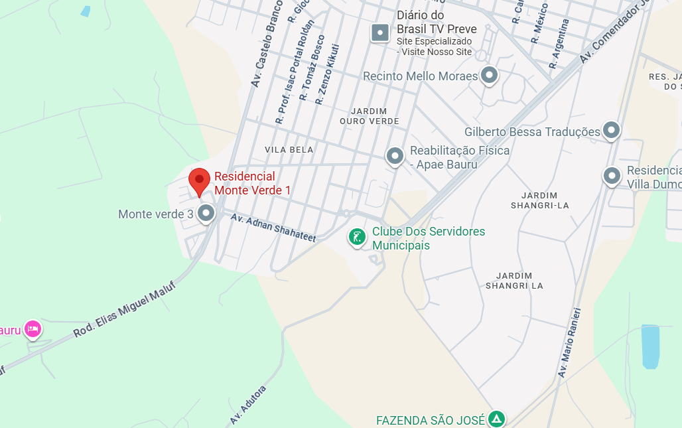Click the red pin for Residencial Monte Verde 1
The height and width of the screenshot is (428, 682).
pos(199,181)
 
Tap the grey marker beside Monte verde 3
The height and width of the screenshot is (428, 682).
pos(206,214)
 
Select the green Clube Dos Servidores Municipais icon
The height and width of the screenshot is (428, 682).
pos(358,237)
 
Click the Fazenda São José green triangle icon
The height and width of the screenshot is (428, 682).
pos(496,419)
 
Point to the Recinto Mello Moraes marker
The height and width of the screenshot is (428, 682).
pos(490,76)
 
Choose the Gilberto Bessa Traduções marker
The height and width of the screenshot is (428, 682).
pos(611,131)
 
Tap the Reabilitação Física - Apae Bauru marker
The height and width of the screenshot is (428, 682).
pos(395,157)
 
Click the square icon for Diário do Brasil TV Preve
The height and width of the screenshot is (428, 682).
pos(380,32)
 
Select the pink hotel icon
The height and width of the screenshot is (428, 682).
pos(33,328)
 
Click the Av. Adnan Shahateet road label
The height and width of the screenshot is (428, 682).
pos(273,227)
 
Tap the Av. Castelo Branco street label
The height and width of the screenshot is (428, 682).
pos(267,44)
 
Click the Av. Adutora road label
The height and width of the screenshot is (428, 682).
pos(248,404)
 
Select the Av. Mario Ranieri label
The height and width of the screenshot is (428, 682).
pos(571,342)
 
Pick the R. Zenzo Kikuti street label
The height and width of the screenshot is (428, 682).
pos(328,74)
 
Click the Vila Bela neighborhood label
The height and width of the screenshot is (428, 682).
pos(289,150)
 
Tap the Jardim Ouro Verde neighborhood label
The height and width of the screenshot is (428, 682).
pos(370,116)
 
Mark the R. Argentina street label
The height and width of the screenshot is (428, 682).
pos(559,44)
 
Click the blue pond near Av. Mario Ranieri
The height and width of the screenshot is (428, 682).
pos(650,346)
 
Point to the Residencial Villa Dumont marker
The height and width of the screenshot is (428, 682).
pos(611,176)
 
